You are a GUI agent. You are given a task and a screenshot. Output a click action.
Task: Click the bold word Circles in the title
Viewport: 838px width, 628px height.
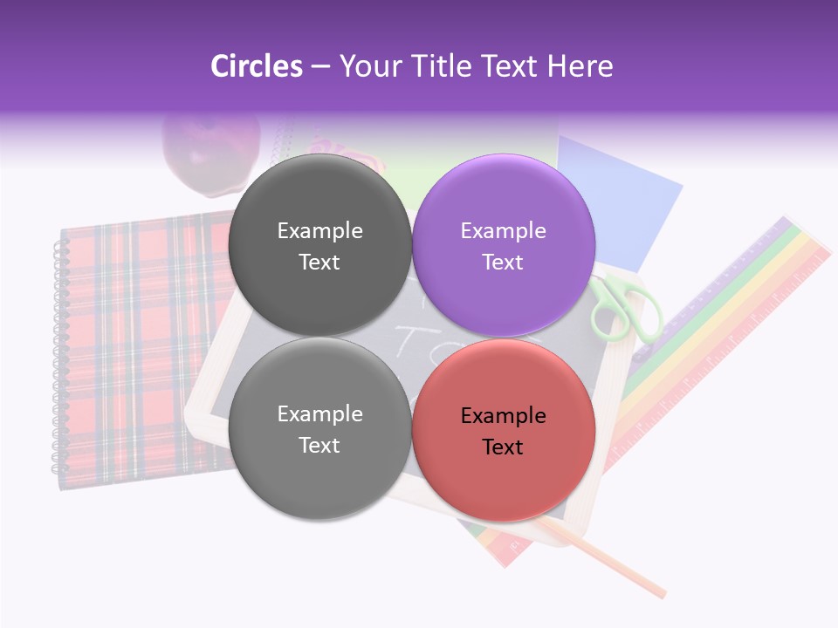tap(256, 66)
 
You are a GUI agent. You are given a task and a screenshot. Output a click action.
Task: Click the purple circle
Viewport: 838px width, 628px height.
tap(503, 245)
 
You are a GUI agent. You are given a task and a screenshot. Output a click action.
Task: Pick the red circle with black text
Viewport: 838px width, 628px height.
tap(503, 430)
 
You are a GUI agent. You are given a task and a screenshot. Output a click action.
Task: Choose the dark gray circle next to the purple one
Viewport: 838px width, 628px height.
tap(319, 245)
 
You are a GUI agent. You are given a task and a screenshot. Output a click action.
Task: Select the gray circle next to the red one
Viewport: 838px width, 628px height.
tap(319, 428)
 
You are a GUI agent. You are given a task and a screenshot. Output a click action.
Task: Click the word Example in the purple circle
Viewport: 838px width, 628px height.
tap(503, 231)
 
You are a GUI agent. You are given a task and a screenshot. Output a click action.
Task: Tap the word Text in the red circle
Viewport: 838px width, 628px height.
tap(503, 447)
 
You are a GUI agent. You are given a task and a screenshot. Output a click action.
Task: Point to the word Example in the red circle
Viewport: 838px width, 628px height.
tap(503, 416)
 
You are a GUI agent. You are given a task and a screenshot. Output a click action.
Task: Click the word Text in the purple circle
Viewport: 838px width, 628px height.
tap(503, 263)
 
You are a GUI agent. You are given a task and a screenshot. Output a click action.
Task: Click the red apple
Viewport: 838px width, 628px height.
tap(209, 153)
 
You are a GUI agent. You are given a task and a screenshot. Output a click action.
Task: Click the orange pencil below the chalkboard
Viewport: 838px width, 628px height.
tap(611, 563)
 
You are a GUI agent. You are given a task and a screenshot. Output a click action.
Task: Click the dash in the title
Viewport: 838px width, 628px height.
tap(320, 67)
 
